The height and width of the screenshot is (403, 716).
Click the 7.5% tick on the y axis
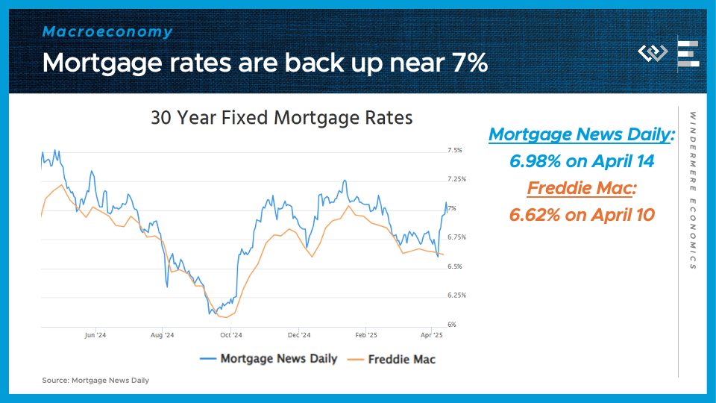tap(454, 150)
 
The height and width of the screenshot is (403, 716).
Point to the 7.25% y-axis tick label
tap(456, 179)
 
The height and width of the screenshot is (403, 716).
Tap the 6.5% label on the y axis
tap(454, 266)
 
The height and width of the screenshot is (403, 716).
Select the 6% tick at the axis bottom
tap(451, 325)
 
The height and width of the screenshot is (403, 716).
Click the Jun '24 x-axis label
tap(95, 335)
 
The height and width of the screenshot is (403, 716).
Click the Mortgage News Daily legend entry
tap(268, 358)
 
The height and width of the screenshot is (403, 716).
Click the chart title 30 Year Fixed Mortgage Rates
tap(281, 118)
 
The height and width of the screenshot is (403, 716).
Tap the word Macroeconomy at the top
tap(107, 32)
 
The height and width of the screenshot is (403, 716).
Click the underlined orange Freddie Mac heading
tap(581, 188)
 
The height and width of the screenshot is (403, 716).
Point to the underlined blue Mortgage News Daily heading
tap(581, 134)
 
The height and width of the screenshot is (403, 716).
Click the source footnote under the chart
tap(95, 381)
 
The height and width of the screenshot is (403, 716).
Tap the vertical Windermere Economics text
tap(693, 191)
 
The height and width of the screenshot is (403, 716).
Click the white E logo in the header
tap(688, 54)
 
